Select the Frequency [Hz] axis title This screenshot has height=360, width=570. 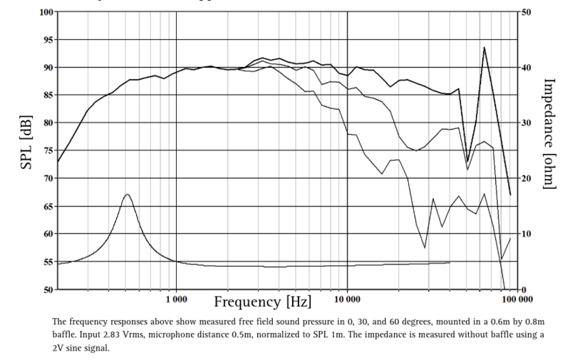263,302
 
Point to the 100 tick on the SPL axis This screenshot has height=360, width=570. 45,12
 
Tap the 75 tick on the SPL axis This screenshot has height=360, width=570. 47,150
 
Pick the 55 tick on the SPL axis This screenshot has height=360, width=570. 47,262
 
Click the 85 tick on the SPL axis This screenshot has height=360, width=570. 47,95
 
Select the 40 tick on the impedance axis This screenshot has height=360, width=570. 524,68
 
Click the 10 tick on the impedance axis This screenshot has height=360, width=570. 524,235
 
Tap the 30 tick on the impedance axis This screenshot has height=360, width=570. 524,123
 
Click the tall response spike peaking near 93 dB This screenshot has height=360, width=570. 484,48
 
